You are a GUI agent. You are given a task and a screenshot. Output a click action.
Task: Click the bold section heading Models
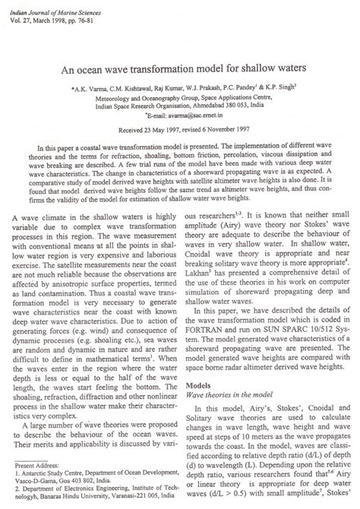198,387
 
